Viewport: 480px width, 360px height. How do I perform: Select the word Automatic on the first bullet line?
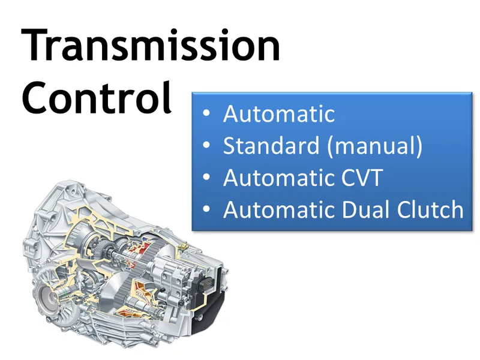[x=279, y=113]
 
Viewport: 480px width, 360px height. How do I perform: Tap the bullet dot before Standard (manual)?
[x=207, y=146]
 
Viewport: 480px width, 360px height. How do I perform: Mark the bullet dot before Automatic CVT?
[x=207, y=178]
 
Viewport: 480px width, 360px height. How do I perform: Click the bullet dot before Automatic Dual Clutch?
[x=207, y=211]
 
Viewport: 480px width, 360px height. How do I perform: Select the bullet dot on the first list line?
[x=207, y=114]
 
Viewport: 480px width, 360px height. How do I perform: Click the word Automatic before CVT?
[x=279, y=178]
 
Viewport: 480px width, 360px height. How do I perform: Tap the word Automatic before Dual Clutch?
[x=279, y=210]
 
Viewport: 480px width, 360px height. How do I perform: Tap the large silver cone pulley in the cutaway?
[x=108, y=287]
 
